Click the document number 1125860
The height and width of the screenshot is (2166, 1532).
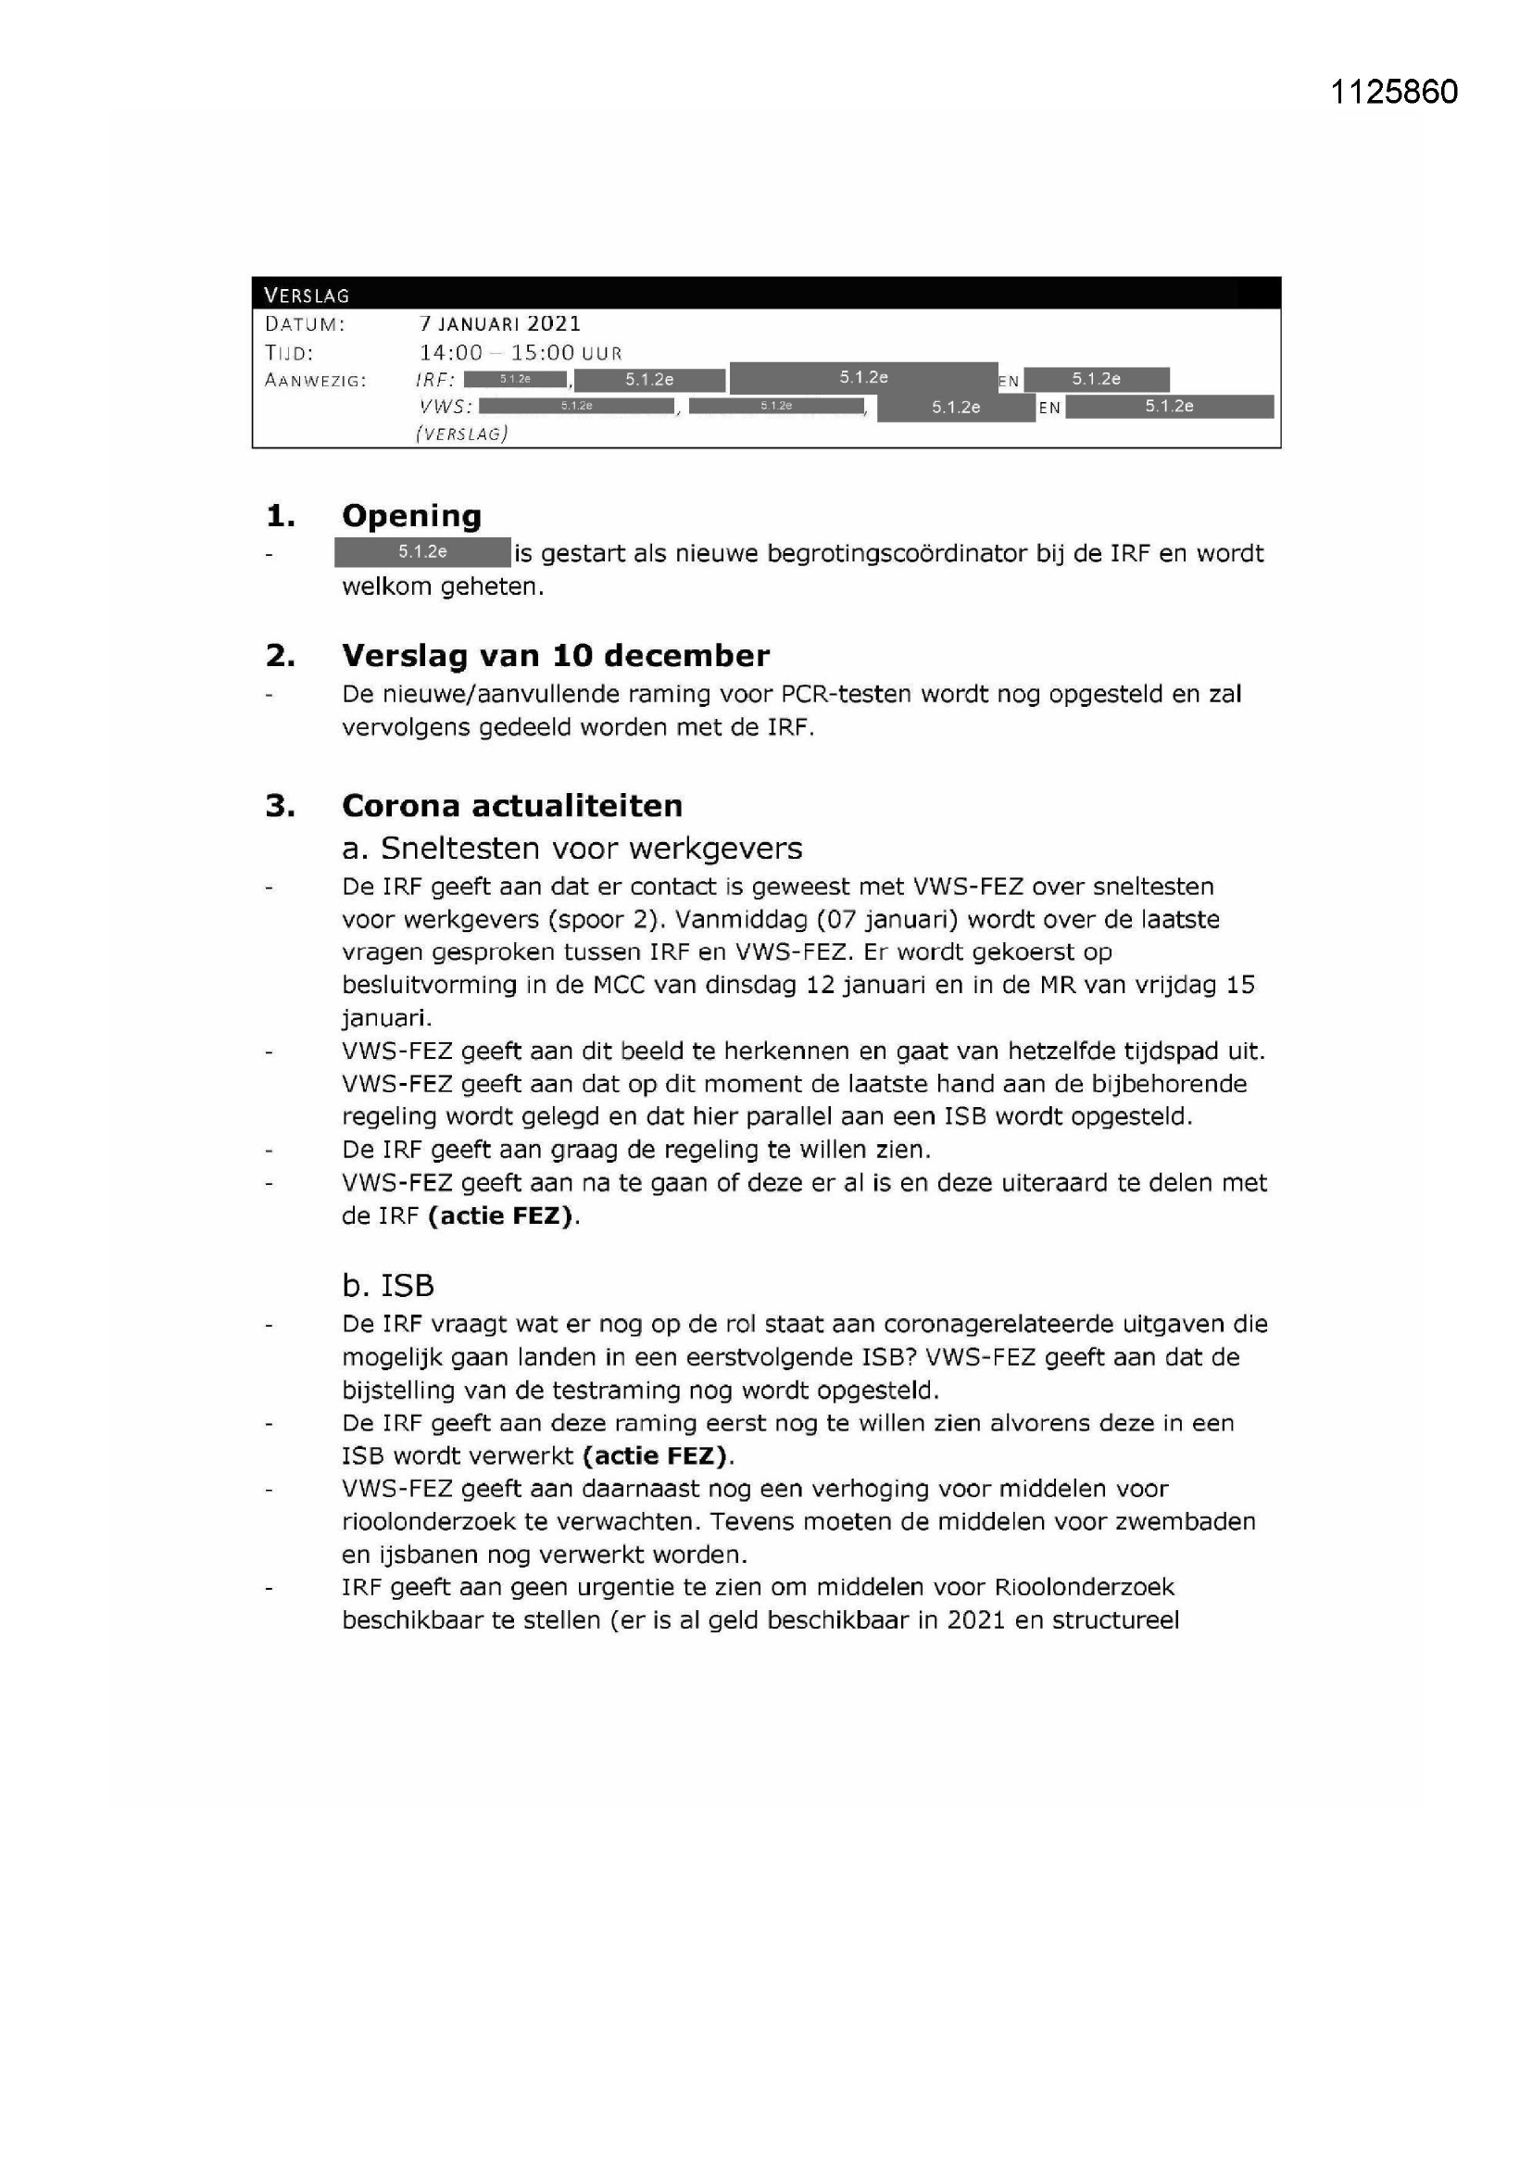(x=1393, y=92)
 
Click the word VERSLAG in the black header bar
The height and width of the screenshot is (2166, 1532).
(x=307, y=296)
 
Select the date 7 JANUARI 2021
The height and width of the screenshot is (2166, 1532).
(x=500, y=323)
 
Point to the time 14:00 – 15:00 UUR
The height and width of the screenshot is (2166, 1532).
(x=521, y=353)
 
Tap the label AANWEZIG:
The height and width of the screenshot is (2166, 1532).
(x=315, y=380)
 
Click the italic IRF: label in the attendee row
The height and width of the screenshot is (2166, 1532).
(x=436, y=380)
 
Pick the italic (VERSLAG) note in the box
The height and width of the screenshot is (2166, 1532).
(x=461, y=433)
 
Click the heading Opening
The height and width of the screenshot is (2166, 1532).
(x=411, y=515)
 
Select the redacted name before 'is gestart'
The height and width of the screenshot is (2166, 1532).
(x=421, y=552)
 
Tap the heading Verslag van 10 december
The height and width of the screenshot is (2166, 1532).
(x=555, y=655)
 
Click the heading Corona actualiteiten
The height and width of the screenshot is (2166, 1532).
(x=511, y=805)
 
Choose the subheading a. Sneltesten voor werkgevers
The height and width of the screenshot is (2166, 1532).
(x=571, y=848)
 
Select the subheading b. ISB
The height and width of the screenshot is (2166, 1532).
(x=388, y=1285)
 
